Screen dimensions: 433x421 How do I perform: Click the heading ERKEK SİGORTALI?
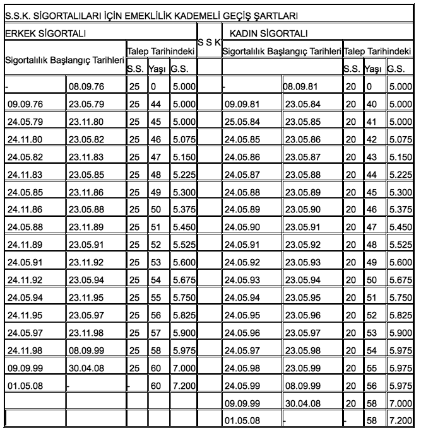[45, 32]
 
